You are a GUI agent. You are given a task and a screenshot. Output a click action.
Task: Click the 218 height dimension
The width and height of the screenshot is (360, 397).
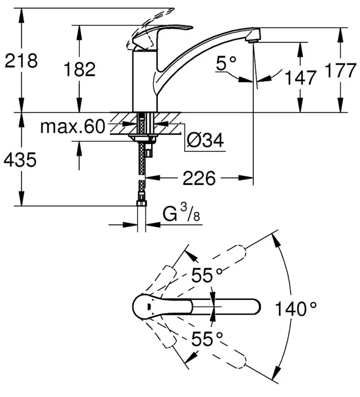pos(21,61)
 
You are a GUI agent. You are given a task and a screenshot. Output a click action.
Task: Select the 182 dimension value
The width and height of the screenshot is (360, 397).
pos(79,69)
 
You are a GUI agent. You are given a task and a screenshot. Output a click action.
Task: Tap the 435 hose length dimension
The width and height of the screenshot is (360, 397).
pos(21,160)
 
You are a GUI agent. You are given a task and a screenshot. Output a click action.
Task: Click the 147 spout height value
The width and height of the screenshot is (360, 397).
pos(300,78)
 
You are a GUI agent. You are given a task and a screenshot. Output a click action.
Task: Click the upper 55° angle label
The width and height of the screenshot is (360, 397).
pos(207,276)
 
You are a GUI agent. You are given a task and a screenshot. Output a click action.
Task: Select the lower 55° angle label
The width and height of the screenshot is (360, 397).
pos(207,339)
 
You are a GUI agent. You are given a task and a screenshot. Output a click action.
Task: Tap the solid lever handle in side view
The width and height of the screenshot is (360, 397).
pos(162,35)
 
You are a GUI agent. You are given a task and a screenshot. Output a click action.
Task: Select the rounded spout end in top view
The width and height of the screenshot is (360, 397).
pos(253,306)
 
